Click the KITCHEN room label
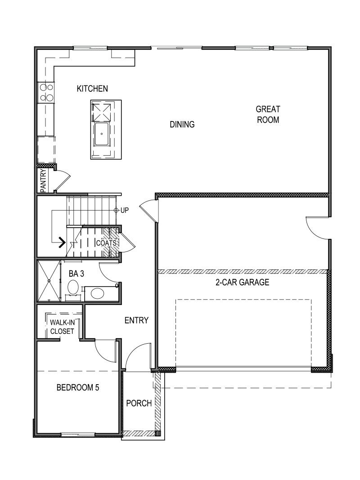(x=92, y=89)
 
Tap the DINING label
(x=182, y=125)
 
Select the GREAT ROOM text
(x=268, y=114)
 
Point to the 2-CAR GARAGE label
(x=242, y=283)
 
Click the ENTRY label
(x=136, y=320)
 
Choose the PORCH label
(x=139, y=403)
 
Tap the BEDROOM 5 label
(x=77, y=387)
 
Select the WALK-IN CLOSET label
(x=62, y=327)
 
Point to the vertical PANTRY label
(x=44, y=180)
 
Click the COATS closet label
(x=107, y=243)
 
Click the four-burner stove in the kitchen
(x=46, y=92)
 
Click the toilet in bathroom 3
(x=73, y=287)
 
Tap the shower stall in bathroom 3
(x=49, y=281)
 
